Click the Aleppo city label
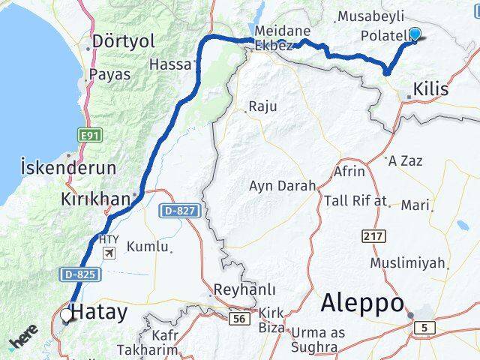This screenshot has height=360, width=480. (x=363, y=302)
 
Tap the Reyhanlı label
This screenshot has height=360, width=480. (x=244, y=289)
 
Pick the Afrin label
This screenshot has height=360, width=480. (x=346, y=172)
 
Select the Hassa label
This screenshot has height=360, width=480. (x=170, y=64)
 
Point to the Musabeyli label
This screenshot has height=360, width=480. (x=370, y=16)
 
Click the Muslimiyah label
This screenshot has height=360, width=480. (x=408, y=263)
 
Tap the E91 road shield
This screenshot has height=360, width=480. (x=90, y=134)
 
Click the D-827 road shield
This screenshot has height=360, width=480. (x=178, y=212)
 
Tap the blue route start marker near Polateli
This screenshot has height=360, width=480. (x=414, y=34)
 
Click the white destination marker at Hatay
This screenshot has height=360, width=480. (x=66, y=316)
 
